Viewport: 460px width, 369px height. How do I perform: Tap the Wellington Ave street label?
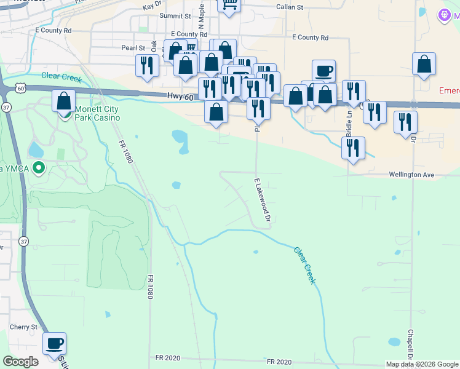click(x=411, y=175)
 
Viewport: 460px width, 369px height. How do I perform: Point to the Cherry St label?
click(x=23, y=327)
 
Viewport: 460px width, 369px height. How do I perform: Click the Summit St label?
click(x=175, y=16)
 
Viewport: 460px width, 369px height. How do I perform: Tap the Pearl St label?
click(x=133, y=47)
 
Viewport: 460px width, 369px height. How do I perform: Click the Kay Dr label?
click(x=151, y=6)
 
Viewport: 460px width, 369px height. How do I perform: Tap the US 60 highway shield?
click(x=20, y=89)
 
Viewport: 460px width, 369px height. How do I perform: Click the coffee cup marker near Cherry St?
click(x=54, y=343)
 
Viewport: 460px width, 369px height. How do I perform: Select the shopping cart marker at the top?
click(x=229, y=4)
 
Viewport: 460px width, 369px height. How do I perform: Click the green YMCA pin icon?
click(x=39, y=167)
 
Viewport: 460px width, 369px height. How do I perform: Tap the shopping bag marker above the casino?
click(x=63, y=100)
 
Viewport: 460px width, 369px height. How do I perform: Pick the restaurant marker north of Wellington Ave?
click(x=353, y=148)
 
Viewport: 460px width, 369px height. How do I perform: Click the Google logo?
click(x=20, y=362)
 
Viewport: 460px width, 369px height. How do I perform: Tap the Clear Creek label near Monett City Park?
click(x=61, y=77)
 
